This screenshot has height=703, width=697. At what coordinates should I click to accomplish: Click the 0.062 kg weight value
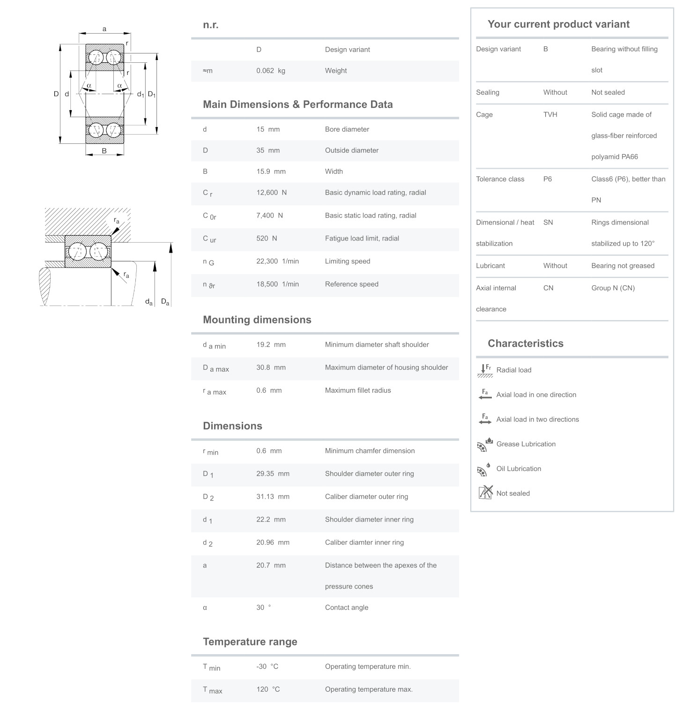270,71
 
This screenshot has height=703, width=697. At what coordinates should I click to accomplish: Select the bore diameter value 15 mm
267,129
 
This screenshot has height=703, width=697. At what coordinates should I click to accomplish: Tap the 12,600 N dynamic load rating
271,193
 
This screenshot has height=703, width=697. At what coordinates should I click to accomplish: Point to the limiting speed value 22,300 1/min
277,262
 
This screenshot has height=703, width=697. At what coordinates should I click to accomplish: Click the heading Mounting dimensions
257,320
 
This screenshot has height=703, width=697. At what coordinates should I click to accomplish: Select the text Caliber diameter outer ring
366,497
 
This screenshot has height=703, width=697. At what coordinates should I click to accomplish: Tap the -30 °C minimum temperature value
267,666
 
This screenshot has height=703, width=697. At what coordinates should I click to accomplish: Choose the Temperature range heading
250,642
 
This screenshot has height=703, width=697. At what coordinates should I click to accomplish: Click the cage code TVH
550,114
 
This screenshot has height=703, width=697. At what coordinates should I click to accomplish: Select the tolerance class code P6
547,179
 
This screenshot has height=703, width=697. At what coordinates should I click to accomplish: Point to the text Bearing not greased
623,266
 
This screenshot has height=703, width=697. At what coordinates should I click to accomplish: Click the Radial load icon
484,370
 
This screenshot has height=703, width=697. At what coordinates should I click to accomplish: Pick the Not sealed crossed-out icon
485,493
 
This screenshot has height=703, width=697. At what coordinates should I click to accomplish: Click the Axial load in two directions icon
485,419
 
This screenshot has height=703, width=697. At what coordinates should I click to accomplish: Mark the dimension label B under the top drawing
104,151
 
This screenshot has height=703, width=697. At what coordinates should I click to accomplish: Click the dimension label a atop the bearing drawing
104,29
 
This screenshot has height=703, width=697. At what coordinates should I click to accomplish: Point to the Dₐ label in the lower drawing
165,302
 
